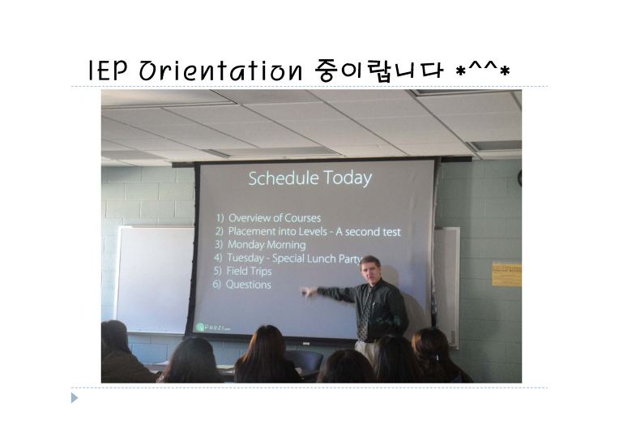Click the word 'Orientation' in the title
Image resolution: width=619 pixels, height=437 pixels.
[x=220, y=71]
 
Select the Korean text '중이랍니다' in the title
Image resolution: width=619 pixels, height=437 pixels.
[x=379, y=71]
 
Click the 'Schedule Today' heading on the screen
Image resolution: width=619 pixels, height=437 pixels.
[x=309, y=178]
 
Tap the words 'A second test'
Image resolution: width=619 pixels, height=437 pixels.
[x=368, y=232]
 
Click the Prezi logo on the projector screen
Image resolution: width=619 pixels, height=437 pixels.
[x=213, y=328]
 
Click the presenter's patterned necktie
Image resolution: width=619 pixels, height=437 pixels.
[x=365, y=312]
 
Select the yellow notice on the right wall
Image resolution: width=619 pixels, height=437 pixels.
[x=507, y=274]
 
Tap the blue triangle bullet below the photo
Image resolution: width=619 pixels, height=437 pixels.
[x=75, y=398]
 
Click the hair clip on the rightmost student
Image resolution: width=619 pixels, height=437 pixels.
[x=436, y=357]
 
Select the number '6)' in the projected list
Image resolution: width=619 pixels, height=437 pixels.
[x=216, y=284]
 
